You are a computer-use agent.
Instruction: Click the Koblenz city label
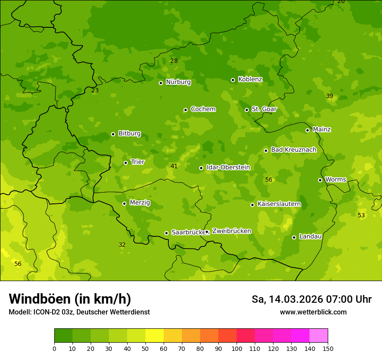click(250, 79)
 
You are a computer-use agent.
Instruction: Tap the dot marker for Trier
click(125, 163)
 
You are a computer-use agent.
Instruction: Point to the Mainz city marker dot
click(307, 130)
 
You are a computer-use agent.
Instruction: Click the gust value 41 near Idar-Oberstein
click(174, 166)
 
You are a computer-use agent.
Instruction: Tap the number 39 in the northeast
click(329, 96)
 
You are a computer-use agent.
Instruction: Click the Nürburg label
click(178, 82)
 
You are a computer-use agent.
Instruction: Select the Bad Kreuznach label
click(293, 150)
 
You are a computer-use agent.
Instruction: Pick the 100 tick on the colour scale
click(237, 348)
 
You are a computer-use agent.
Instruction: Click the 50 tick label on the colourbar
click(145, 348)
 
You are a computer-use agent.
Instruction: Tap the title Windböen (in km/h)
click(70, 299)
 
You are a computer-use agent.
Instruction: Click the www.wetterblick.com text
click(313, 312)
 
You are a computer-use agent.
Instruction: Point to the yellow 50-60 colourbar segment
click(155, 336)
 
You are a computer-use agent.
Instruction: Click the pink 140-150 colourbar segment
click(319, 336)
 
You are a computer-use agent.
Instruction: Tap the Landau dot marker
click(294, 237)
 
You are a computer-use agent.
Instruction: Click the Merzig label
click(140, 203)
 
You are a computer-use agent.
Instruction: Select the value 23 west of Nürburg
click(95, 90)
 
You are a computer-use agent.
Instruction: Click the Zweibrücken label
click(231, 231)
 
